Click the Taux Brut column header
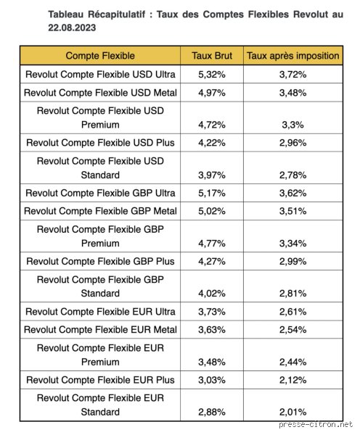212,56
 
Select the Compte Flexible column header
100,56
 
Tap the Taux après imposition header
293,56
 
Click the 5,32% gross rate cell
212,75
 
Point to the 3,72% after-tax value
293,75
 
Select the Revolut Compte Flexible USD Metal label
100,93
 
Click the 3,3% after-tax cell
293,125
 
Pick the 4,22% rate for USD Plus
212,143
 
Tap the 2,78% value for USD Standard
293,175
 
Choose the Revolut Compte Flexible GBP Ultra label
100,193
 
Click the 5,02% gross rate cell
212,211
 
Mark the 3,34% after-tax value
293,244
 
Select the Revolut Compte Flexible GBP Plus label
100,261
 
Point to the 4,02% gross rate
212,294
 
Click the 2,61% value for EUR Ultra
293,312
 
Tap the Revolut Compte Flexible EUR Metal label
100,330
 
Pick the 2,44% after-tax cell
293,362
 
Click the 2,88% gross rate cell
212,413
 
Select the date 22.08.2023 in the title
72,28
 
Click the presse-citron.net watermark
316,425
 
